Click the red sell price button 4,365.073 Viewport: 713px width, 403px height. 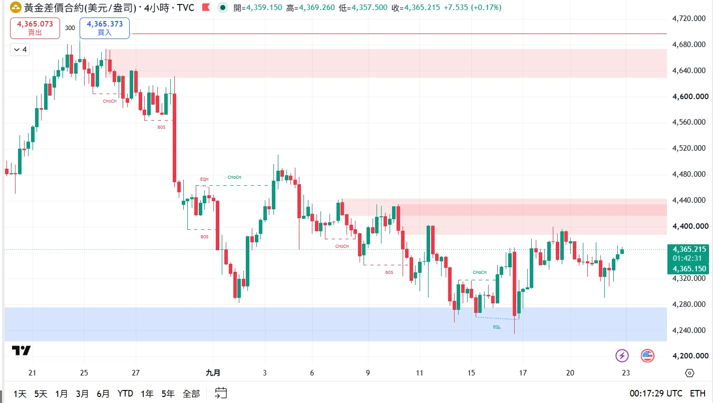pyautogui.click(x=35, y=28)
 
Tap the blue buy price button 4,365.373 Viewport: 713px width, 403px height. pyautogui.click(x=105, y=28)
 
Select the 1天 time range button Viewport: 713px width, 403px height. pyautogui.click(x=20, y=394)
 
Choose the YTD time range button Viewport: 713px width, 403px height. pyautogui.click(x=125, y=394)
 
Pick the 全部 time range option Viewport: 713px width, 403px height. pyautogui.click(x=191, y=394)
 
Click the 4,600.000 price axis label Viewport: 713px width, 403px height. pyautogui.click(x=690, y=97)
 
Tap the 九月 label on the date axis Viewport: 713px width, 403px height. pyautogui.click(x=213, y=373)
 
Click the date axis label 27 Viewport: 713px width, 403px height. pyautogui.click(x=136, y=373)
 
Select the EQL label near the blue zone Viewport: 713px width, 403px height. pyautogui.click(x=497, y=327)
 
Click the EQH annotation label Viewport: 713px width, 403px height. pyautogui.click(x=204, y=179)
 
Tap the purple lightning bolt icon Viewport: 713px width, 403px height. pyautogui.click(x=622, y=355)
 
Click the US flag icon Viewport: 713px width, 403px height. pyautogui.click(x=647, y=355)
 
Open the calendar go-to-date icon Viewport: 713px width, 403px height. pyautogui.click(x=221, y=393)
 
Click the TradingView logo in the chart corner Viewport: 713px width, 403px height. pyautogui.click(x=21, y=350)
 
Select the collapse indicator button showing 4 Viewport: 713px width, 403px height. pyautogui.click(x=20, y=50)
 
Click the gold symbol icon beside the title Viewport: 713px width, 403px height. pyautogui.click(x=16, y=8)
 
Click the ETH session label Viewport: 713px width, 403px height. pyautogui.click(x=697, y=393)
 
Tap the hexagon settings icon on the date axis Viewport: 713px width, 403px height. pyautogui.click(x=689, y=373)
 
